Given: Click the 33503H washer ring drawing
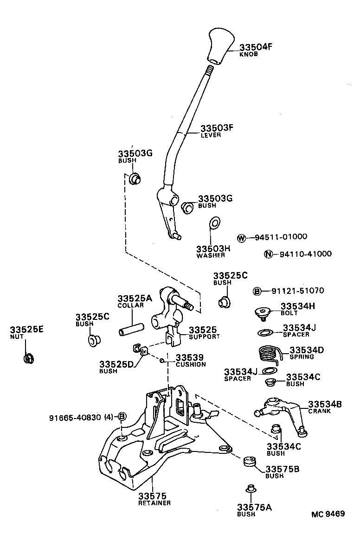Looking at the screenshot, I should [215, 223].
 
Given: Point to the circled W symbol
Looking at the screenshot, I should [241, 237].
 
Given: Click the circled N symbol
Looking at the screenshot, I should [268, 254].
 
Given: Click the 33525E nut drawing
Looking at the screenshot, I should [27, 358].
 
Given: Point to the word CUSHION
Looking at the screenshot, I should [190, 364].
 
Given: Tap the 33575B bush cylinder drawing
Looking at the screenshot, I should [251, 462].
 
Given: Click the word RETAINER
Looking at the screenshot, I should [154, 503].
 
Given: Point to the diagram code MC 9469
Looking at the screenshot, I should [328, 514].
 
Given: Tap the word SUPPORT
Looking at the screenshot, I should [204, 337].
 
